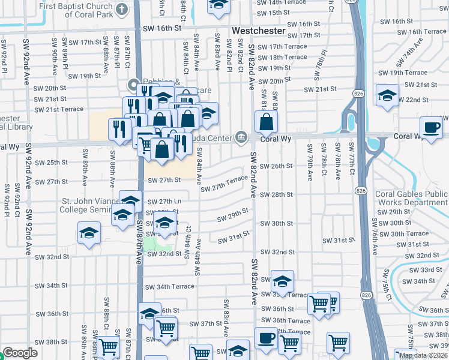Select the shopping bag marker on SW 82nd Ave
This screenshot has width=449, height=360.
coord(265,122)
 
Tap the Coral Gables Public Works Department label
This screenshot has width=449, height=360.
coord(412,198)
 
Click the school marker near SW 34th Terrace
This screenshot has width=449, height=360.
coord(282,281)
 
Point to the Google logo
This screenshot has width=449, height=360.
coord(20,353)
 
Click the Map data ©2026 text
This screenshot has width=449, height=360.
coord(424,355)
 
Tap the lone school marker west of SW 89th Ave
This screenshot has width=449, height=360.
coord(89,233)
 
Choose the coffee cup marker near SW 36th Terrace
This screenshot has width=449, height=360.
coord(266,338)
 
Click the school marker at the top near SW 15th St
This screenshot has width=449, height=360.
coord(219,5)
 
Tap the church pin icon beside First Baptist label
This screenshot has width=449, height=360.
coord(122,9)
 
